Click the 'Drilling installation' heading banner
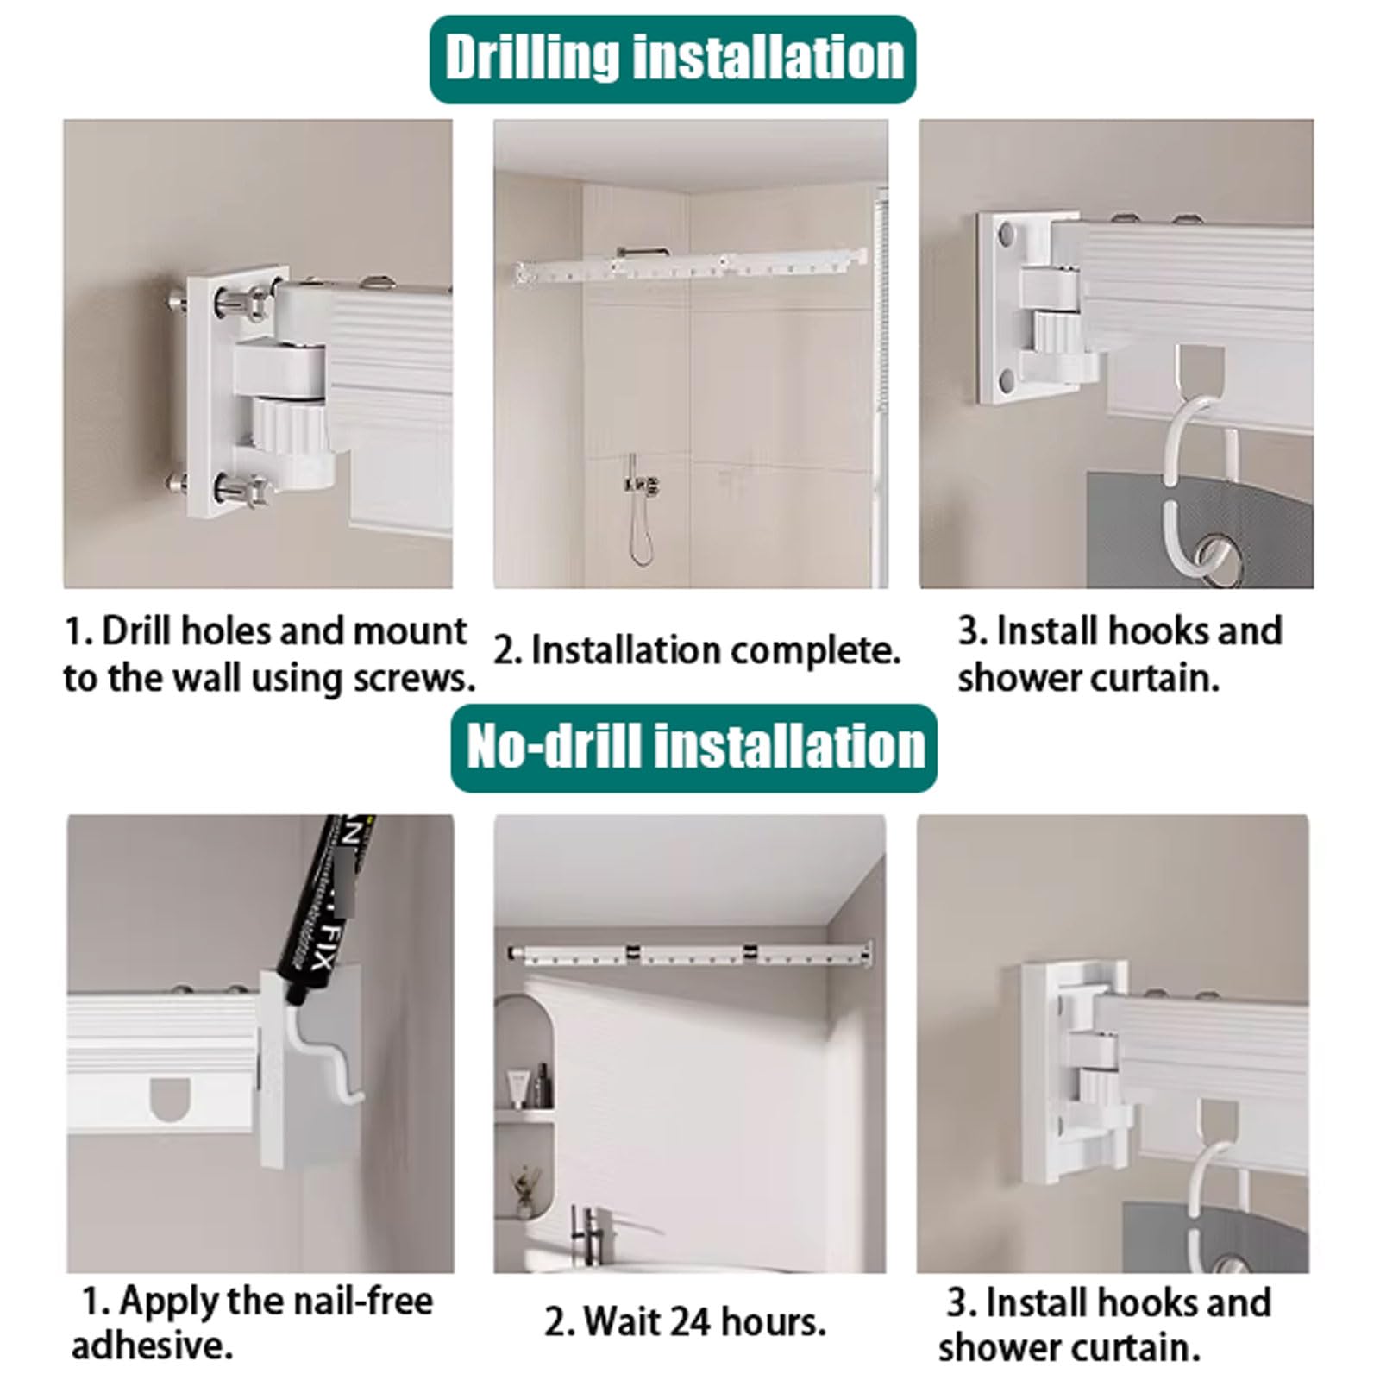[x=673, y=59]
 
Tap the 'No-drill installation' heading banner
[x=693, y=748]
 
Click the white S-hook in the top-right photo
[x=1189, y=492]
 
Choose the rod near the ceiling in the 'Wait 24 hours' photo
[x=689, y=954]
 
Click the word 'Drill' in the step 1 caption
[x=137, y=631]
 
